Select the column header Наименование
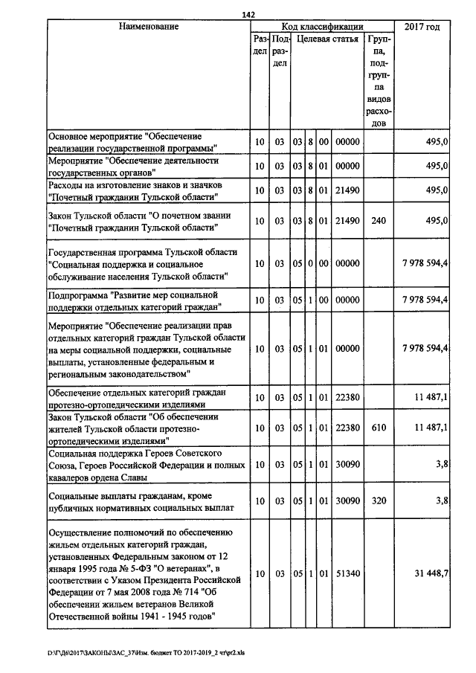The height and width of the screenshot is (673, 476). click(x=148, y=28)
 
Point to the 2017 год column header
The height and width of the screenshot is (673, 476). click(x=422, y=28)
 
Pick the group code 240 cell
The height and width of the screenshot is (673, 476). click(x=378, y=221)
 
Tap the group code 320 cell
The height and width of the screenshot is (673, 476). click(x=378, y=501)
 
